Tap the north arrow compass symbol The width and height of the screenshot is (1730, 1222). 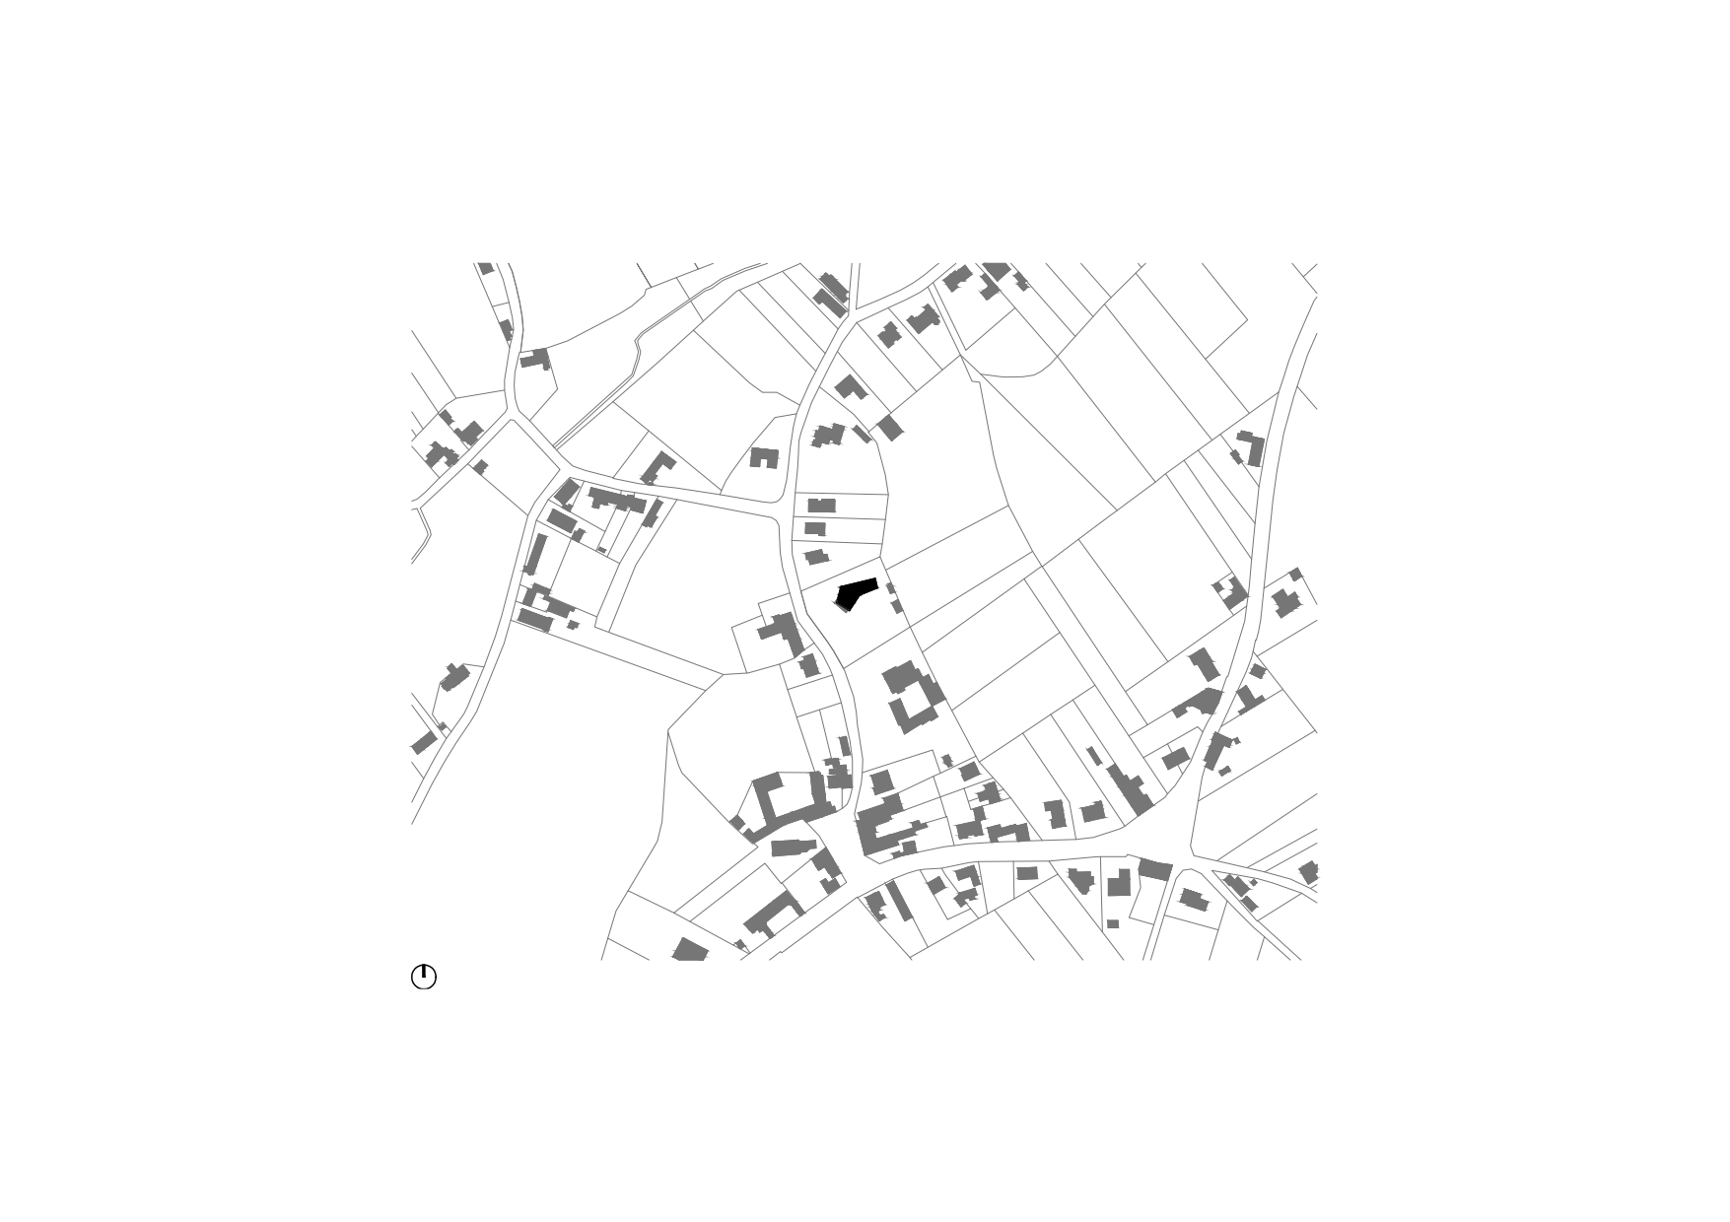click(423, 977)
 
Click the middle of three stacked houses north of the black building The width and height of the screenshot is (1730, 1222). click(815, 528)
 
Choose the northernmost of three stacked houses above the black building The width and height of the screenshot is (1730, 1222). click(821, 506)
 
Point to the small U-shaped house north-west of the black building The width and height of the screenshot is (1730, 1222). click(764, 457)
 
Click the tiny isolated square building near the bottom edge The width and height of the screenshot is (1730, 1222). click(1113, 923)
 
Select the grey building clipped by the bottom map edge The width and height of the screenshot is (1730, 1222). click(690, 952)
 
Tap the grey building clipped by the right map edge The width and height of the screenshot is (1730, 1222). click(1309, 872)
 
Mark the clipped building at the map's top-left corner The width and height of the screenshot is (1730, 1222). click(485, 268)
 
